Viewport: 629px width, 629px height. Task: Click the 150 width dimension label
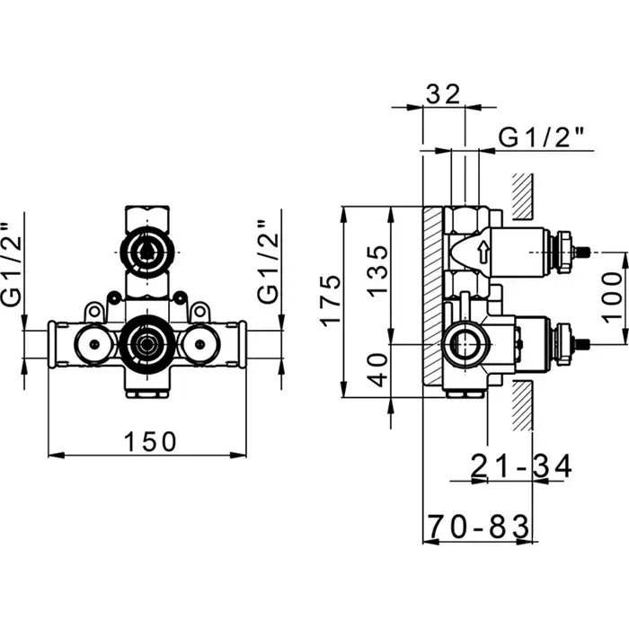(x=150, y=442)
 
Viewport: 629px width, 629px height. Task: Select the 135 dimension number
(x=378, y=271)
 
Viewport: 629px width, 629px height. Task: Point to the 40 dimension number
(x=378, y=370)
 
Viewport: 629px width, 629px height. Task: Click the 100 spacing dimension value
(x=612, y=297)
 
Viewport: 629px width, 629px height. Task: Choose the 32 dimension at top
(x=442, y=94)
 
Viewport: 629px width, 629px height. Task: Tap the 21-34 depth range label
(x=520, y=466)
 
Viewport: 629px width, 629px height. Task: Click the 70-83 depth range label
(x=479, y=527)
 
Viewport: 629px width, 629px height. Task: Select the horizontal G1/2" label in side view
(x=541, y=137)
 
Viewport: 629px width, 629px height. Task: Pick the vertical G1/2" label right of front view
(x=268, y=261)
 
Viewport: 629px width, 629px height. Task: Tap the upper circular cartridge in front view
(x=146, y=252)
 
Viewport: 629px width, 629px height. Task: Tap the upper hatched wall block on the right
(x=523, y=197)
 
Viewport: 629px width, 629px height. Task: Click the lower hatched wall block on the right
(x=523, y=405)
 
